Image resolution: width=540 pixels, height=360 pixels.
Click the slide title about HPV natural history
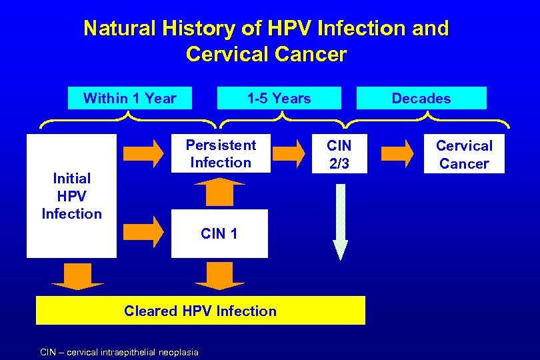click(x=267, y=40)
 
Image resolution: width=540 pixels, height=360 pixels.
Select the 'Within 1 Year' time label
click(x=130, y=99)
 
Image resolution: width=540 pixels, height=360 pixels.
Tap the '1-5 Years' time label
click(x=279, y=99)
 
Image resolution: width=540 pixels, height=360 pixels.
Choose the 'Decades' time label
click(x=421, y=99)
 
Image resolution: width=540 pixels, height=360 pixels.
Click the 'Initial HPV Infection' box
click(x=71, y=196)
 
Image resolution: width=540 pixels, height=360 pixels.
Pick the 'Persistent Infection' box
click(x=221, y=154)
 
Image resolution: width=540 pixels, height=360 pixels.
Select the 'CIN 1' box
click(x=219, y=233)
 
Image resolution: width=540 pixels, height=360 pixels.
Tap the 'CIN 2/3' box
click(x=339, y=154)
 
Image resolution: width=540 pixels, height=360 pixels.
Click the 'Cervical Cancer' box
click(x=464, y=154)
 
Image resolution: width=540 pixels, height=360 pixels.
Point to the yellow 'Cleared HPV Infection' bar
click(x=200, y=311)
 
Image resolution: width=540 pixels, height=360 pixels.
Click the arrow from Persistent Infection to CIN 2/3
click(x=288, y=153)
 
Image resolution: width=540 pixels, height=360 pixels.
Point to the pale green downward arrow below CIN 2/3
click(x=340, y=220)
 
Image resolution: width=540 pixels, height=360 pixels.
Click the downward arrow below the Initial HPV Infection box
click(x=77, y=276)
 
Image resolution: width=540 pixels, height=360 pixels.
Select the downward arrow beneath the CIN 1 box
click(x=220, y=276)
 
